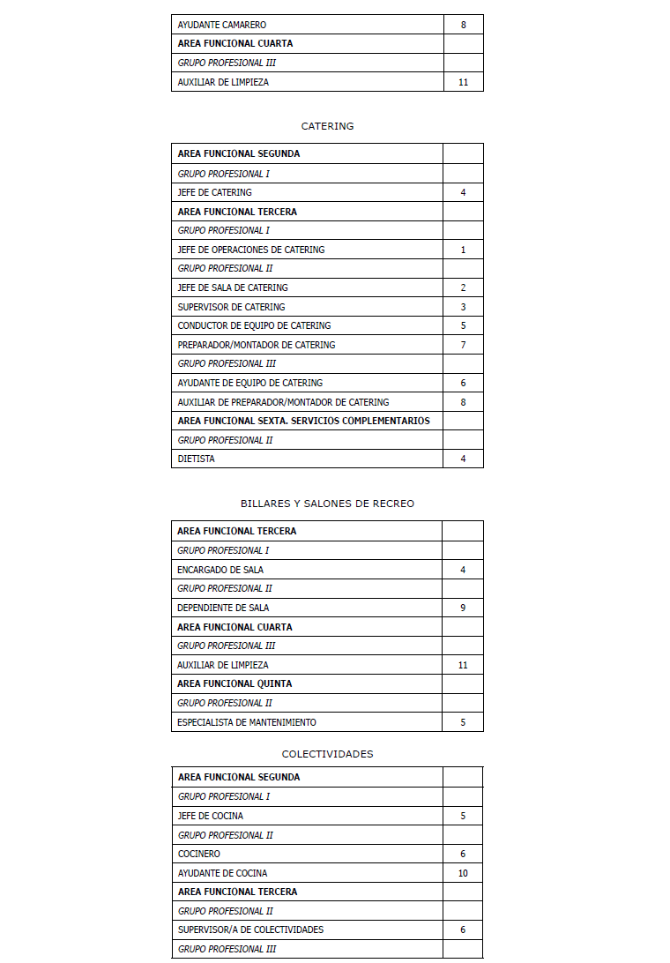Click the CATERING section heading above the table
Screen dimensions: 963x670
tap(327, 126)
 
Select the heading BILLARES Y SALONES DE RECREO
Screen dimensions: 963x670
tap(327, 504)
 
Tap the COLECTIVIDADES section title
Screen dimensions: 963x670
tap(327, 754)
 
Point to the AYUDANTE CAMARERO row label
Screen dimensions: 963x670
tap(221, 25)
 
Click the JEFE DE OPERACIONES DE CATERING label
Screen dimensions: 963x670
tap(250, 250)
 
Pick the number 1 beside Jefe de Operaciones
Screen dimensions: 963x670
tap(463, 250)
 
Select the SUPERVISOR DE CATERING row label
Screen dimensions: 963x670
tap(231, 307)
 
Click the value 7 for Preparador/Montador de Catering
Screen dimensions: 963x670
tap(463, 345)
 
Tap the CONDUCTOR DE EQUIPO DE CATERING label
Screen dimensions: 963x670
tap(254, 325)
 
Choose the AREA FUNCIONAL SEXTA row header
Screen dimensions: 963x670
tap(303, 421)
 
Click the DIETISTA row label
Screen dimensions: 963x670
tap(196, 459)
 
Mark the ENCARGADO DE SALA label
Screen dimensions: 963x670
tap(220, 570)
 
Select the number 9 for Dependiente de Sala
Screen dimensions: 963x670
tap(463, 608)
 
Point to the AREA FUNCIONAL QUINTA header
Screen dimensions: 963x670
tap(234, 683)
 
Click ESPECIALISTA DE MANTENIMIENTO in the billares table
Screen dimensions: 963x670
tap(246, 722)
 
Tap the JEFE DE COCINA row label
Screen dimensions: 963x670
tap(210, 816)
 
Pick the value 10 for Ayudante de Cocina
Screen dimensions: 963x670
tap(463, 873)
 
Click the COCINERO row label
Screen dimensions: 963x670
tap(198, 854)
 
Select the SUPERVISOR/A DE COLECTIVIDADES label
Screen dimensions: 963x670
tap(250, 929)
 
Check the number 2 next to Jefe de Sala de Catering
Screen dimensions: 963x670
tap(463, 287)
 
